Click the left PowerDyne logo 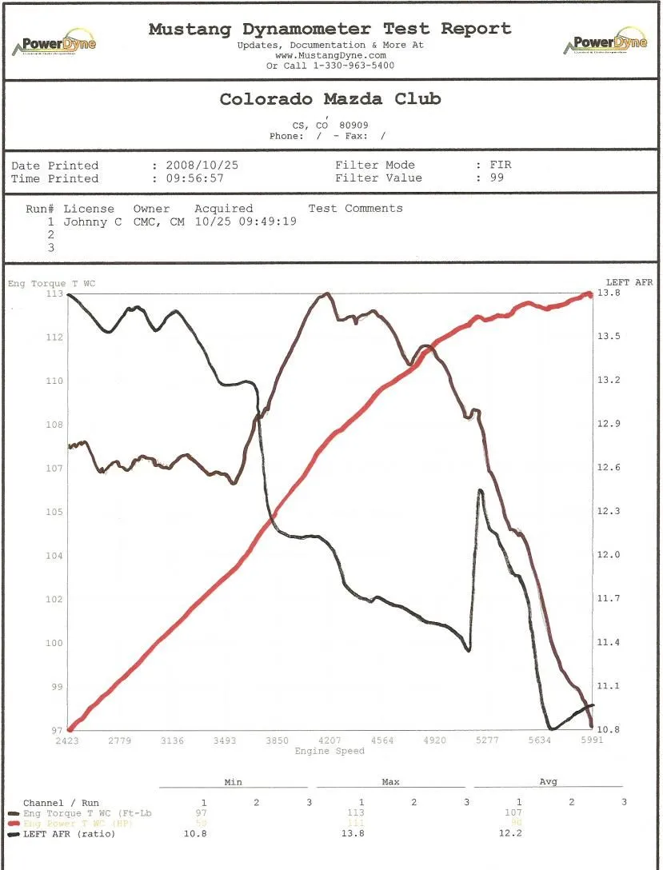(x=54, y=44)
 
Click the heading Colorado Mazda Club (x=330, y=99)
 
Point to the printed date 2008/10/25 (x=202, y=166)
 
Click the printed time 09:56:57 (x=194, y=178)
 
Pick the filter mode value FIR (x=500, y=166)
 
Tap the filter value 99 (x=497, y=178)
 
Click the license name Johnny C (x=93, y=221)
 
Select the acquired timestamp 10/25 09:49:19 (x=246, y=221)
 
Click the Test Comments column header (x=355, y=209)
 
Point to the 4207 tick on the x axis (x=330, y=740)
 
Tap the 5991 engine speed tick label (x=592, y=740)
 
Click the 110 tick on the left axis (x=54, y=381)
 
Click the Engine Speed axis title (x=330, y=751)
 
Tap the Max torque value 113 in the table (x=361, y=813)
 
